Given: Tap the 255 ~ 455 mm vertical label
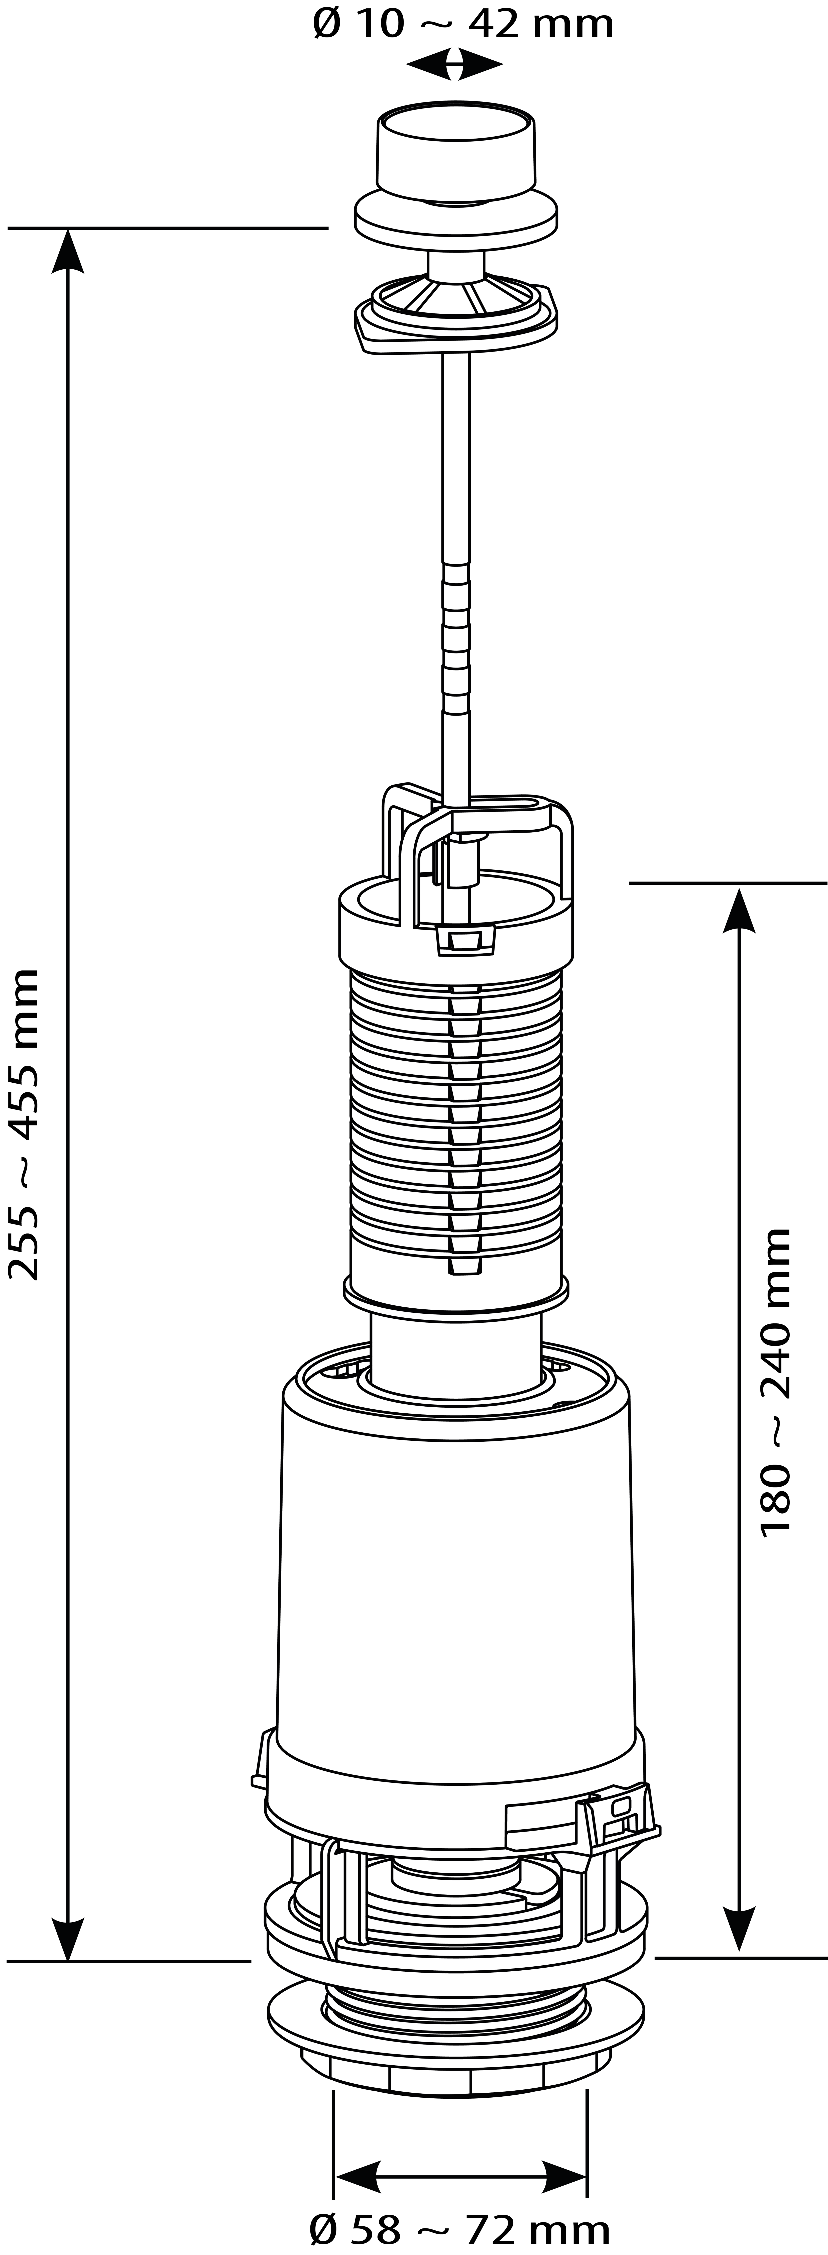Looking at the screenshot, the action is [x=24, y=1125].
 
